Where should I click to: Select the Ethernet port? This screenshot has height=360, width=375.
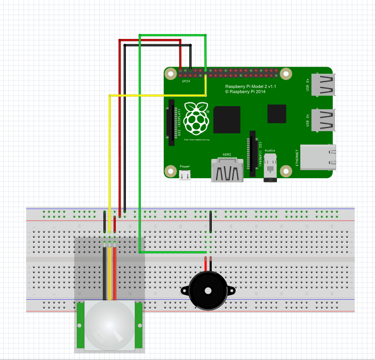pyautogui.click(x=318, y=157)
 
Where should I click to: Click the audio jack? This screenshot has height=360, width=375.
pyautogui.click(x=271, y=169)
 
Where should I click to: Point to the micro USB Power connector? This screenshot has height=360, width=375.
pyautogui.click(x=185, y=174)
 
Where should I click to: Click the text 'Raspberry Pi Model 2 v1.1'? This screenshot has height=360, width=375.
pyautogui.click(x=250, y=86)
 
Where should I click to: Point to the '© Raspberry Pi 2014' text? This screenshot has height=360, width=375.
pyautogui.click(x=245, y=92)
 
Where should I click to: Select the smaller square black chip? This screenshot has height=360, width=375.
pyautogui.click(x=277, y=114)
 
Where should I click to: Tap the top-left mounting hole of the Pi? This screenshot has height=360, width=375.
pyautogui.click(x=171, y=74)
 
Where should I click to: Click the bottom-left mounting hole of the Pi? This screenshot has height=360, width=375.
pyautogui.click(x=171, y=171)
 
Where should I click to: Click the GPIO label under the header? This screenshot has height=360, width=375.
pyautogui.click(x=186, y=81)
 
